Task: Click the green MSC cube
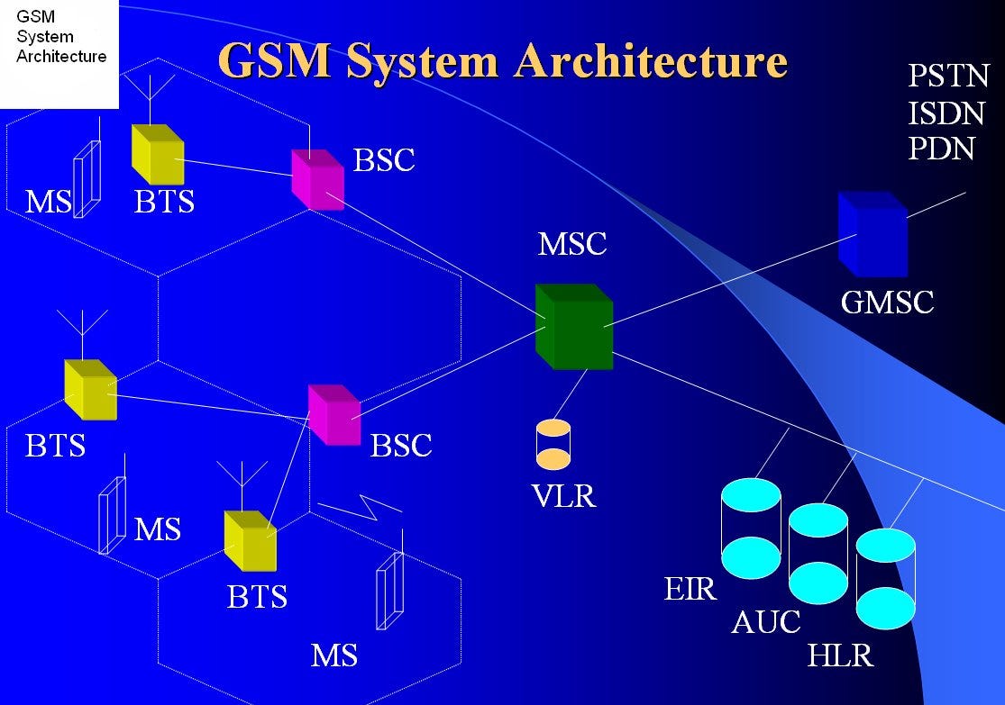tap(574, 327)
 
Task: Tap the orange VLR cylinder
tap(553, 444)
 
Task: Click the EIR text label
tap(690, 590)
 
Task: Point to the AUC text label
tap(765, 622)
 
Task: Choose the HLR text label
tap(840, 655)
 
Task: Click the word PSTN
tap(948, 77)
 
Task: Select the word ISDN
tap(946, 113)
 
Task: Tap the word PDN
tap(941, 148)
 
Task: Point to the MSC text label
tap(572, 244)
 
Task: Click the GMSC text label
tap(887, 302)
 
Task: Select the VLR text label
tap(563, 496)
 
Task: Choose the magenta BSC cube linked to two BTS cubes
tap(333, 415)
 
